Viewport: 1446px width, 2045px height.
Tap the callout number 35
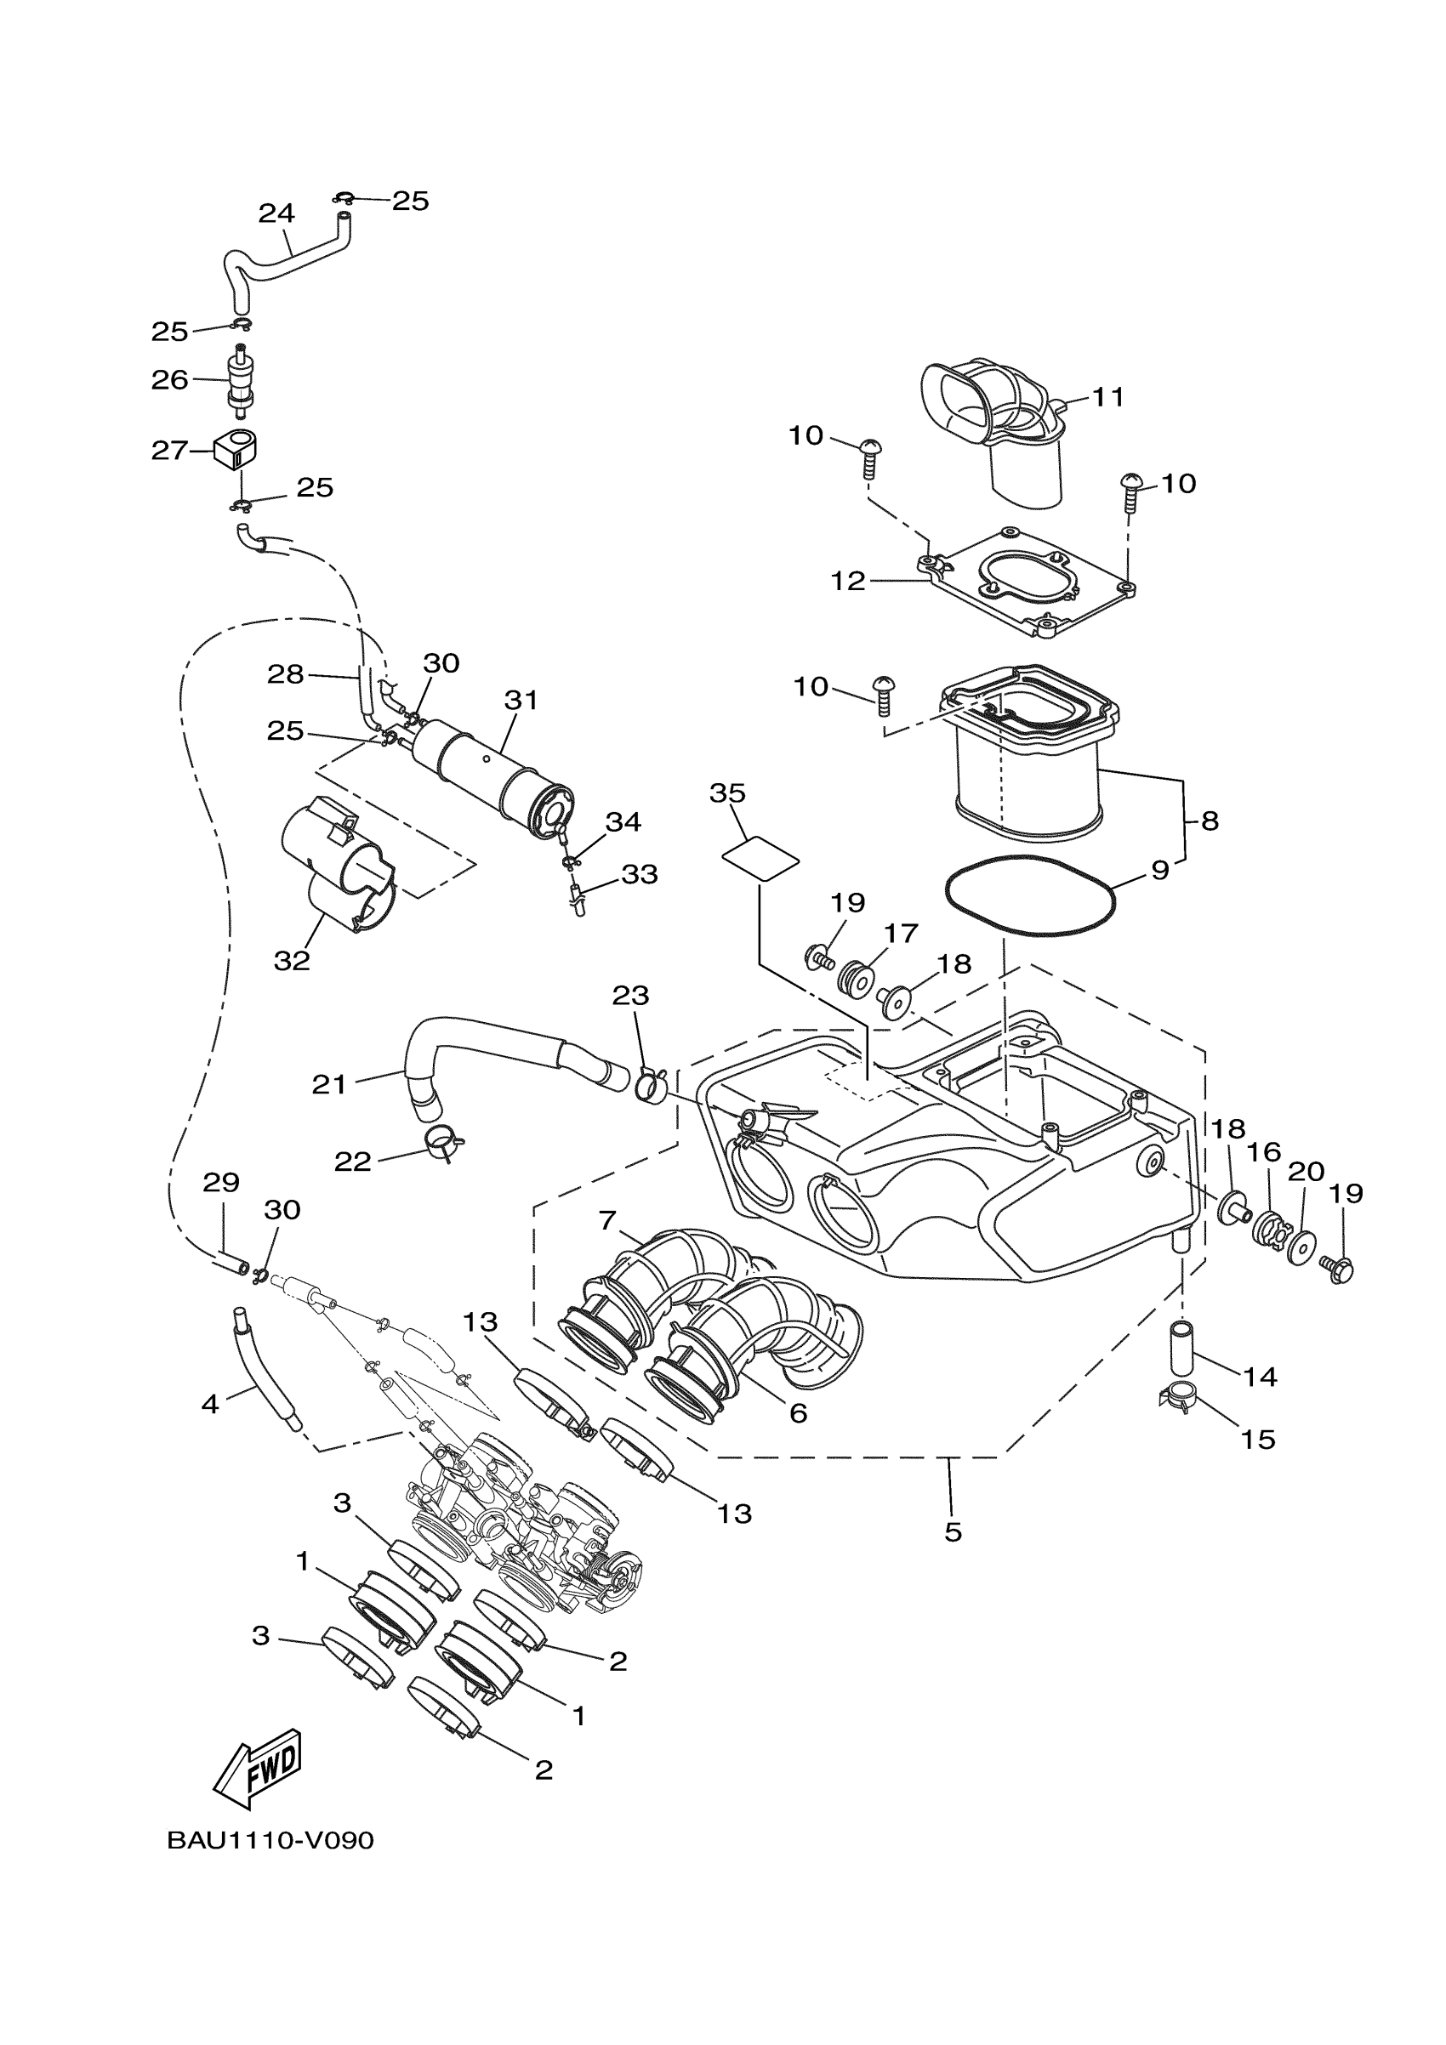click(727, 792)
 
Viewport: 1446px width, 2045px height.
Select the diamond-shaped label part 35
click(760, 858)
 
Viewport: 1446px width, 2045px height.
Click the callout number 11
click(1108, 396)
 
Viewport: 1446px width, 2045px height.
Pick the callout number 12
click(847, 582)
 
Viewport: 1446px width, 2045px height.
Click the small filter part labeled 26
click(240, 380)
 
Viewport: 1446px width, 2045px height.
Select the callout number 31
click(521, 700)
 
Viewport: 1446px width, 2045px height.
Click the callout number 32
click(292, 960)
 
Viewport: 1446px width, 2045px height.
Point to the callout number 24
click(276, 213)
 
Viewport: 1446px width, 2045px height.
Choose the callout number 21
click(329, 1084)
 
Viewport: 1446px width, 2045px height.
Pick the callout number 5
click(953, 1532)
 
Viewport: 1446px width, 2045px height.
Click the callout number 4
click(209, 1405)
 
